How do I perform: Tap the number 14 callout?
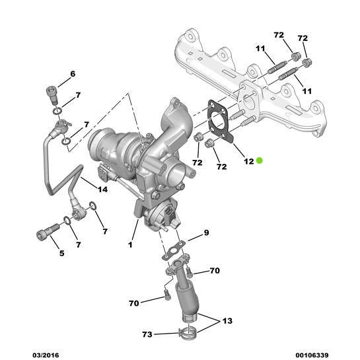102,190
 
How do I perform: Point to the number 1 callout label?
131,245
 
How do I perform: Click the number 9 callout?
205,233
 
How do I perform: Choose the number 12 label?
248,161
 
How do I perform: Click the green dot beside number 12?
260,160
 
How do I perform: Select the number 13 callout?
227,321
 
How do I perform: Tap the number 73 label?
147,334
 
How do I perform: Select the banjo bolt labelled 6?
50,94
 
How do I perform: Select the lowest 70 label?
134,303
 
